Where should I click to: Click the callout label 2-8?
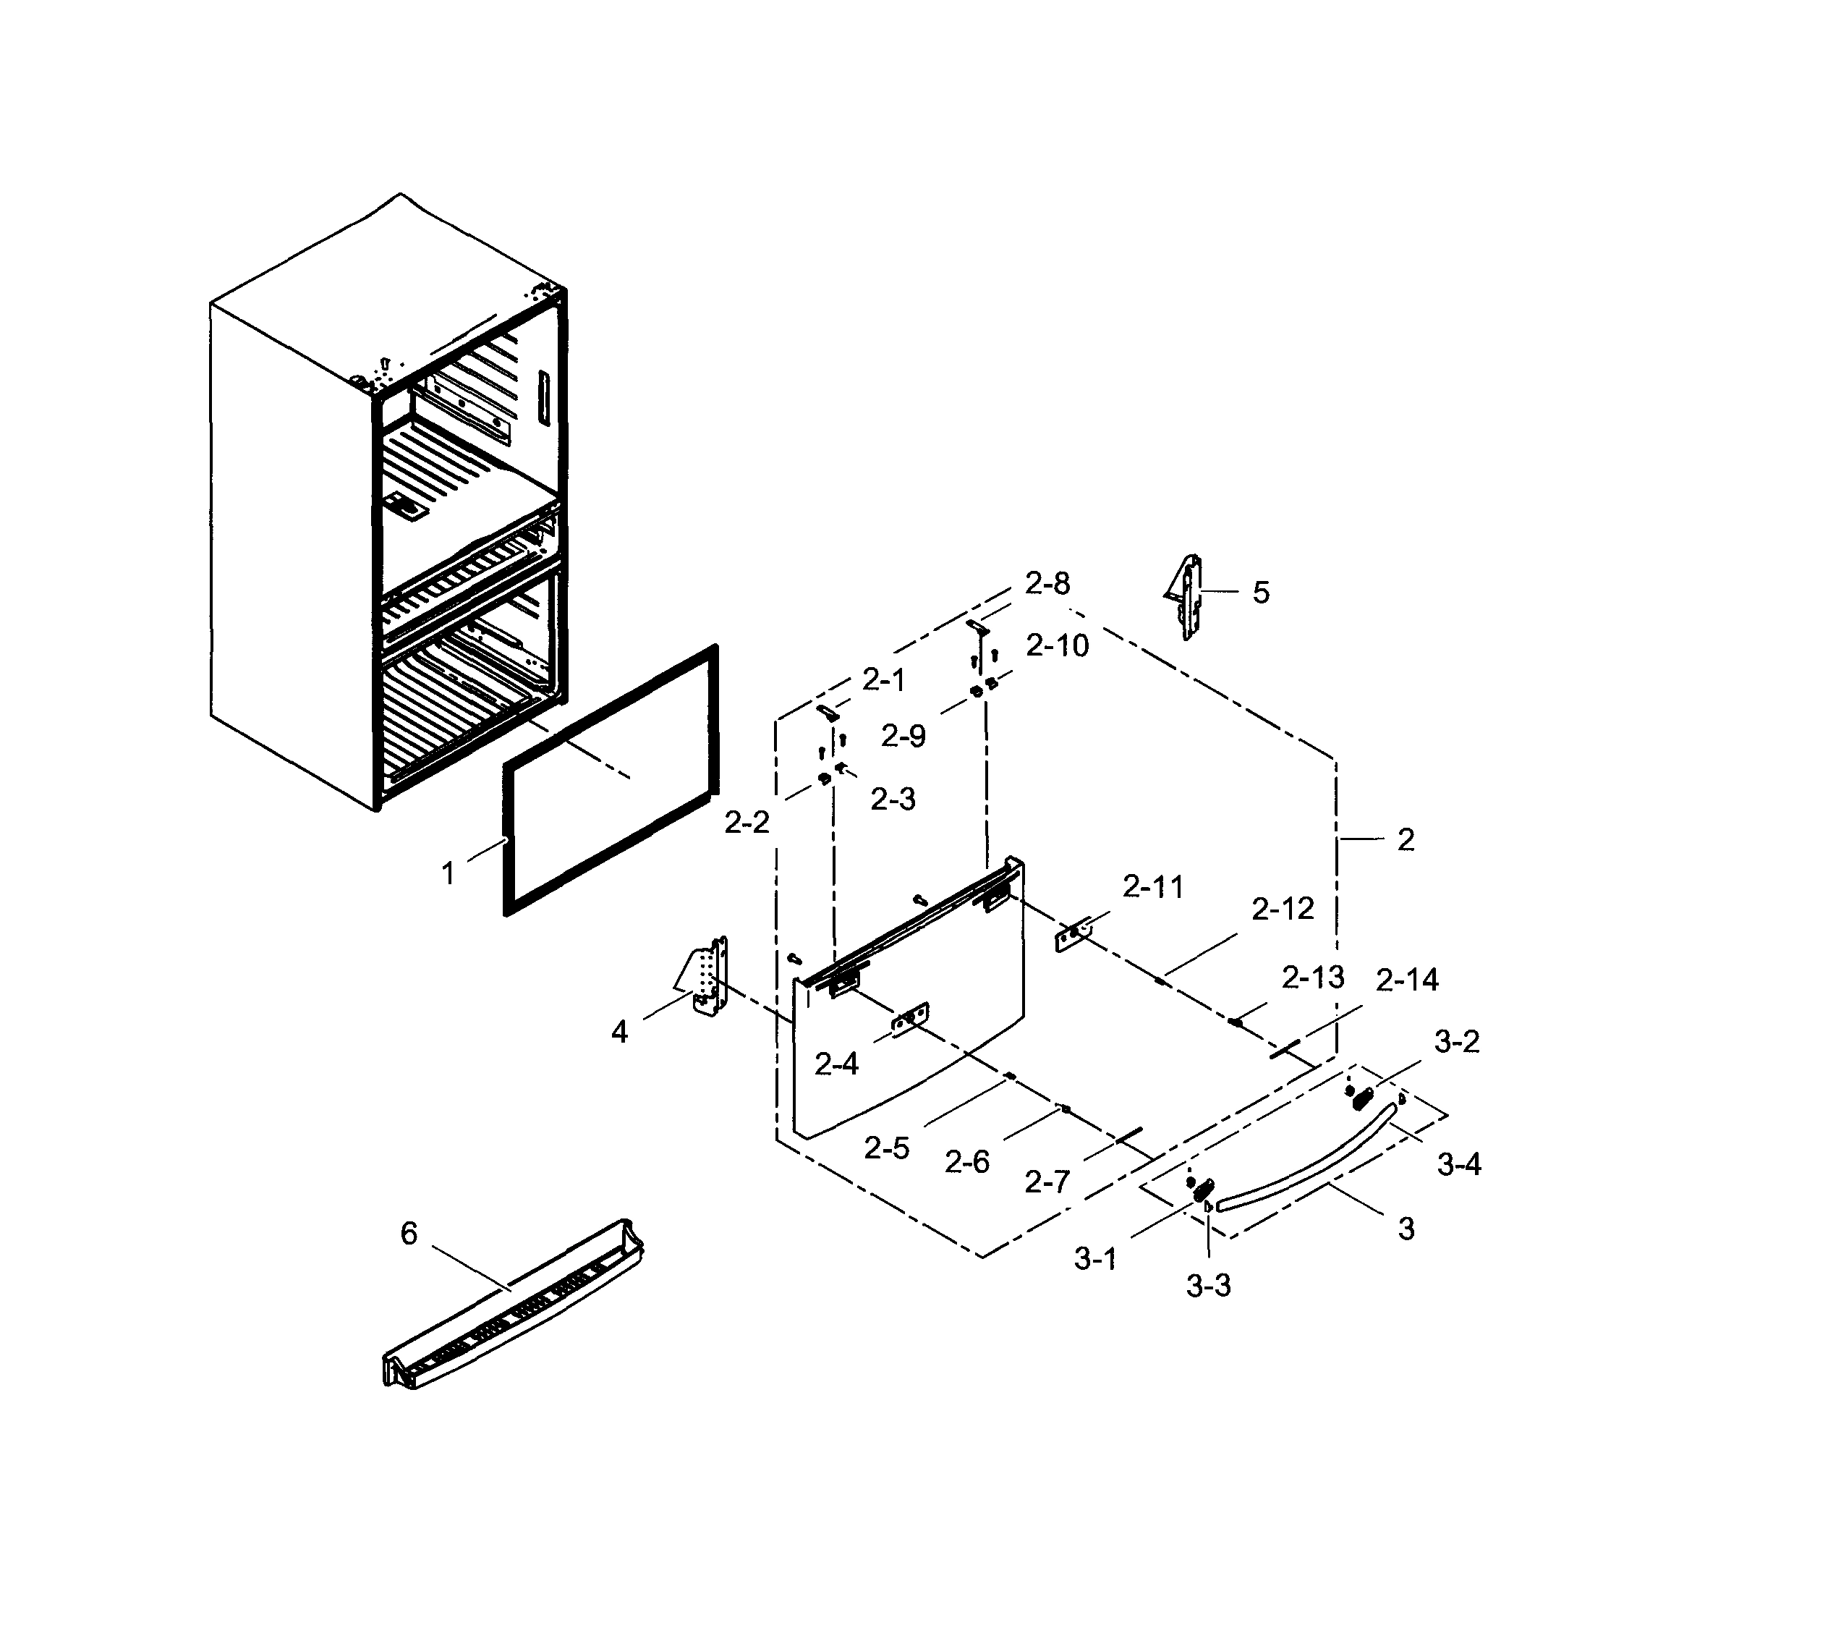[x=1047, y=583]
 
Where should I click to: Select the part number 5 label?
[x=1260, y=593]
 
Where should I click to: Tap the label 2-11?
[x=1152, y=887]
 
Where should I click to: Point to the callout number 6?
[x=409, y=1233]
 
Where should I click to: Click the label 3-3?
[x=1208, y=1285]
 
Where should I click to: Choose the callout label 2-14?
[x=1406, y=980]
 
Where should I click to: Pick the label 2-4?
[x=836, y=1064]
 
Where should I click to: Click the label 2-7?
[x=1047, y=1182]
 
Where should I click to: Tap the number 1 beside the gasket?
[x=448, y=873]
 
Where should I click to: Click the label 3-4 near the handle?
[x=1458, y=1164]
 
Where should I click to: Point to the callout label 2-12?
[x=1282, y=910]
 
